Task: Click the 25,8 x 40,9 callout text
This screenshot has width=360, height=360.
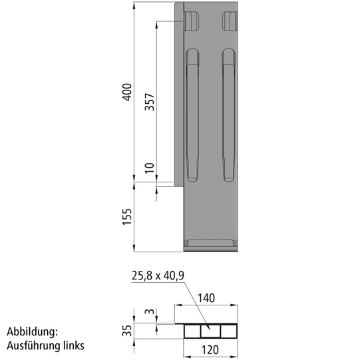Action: point(158,275)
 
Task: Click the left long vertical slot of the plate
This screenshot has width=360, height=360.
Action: point(192,116)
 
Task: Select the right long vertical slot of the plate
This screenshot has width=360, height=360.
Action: point(229,116)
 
